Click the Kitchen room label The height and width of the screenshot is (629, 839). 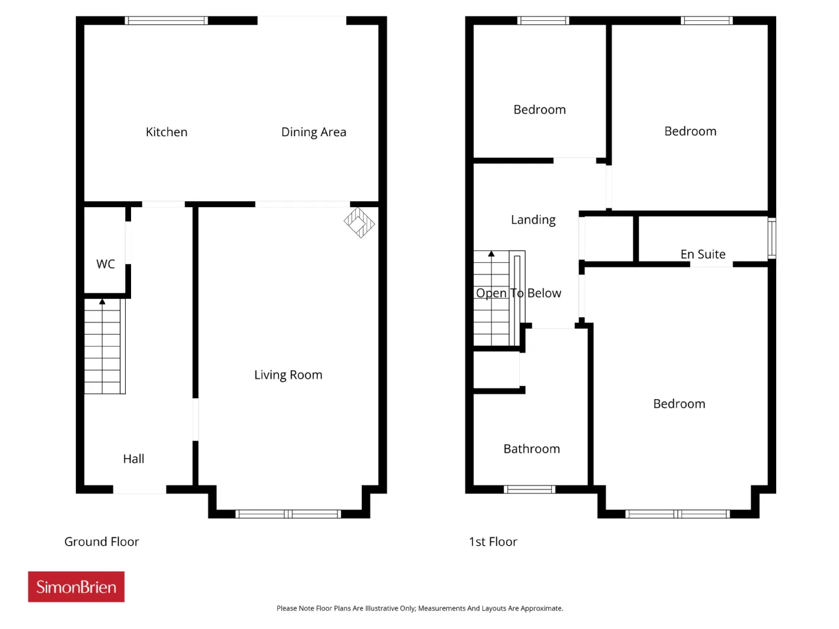coord(166,132)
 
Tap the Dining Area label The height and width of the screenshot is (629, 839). coord(313,132)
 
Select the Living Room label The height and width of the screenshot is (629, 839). coord(288,375)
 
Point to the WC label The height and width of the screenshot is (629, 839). coord(106,264)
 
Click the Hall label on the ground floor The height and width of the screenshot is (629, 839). coord(134,458)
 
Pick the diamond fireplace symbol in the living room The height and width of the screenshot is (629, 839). coord(359,222)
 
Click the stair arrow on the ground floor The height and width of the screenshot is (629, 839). coord(102,301)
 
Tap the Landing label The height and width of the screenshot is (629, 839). coord(533,220)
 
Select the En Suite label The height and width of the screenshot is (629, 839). coord(703,254)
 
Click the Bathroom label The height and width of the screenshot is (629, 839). coord(532,449)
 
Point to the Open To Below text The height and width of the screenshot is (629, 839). coord(518,294)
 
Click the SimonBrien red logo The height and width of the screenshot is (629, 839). coord(76,586)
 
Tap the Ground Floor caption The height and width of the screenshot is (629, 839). coord(102,542)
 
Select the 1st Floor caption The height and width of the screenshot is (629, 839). coord(493,542)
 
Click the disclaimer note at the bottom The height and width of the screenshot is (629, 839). coord(419,608)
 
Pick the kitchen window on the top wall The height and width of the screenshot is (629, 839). coord(166,20)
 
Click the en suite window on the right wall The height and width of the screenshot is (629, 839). coord(771,238)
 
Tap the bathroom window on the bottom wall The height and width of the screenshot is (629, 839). coord(530,489)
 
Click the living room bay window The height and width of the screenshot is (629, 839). coord(288,514)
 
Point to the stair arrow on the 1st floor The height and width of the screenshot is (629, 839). coord(491,254)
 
